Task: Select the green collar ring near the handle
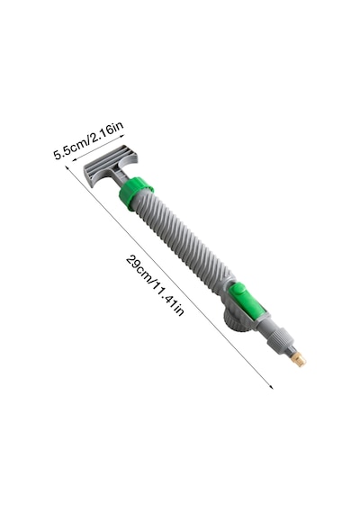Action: [136, 193]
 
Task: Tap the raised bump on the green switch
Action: [238, 290]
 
